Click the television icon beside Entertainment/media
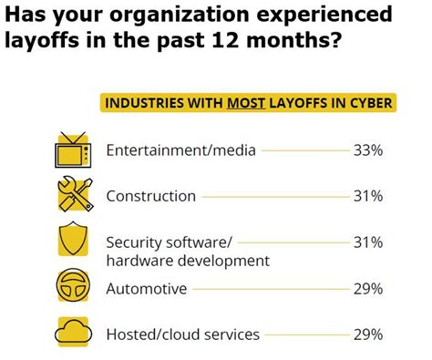[x=72, y=150]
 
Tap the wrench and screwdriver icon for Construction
[x=73, y=195]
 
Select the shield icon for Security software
[x=72, y=242]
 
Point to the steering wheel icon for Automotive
[x=73, y=289]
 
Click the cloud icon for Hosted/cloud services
[x=73, y=334]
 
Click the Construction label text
[x=151, y=196]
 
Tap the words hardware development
[x=188, y=261]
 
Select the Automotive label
[x=147, y=289]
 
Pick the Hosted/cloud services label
[x=183, y=334]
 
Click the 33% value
[x=366, y=150]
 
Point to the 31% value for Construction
[x=366, y=196]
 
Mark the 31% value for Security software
[x=366, y=242]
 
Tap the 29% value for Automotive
[x=366, y=289]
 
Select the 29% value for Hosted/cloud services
[x=366, y=334]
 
